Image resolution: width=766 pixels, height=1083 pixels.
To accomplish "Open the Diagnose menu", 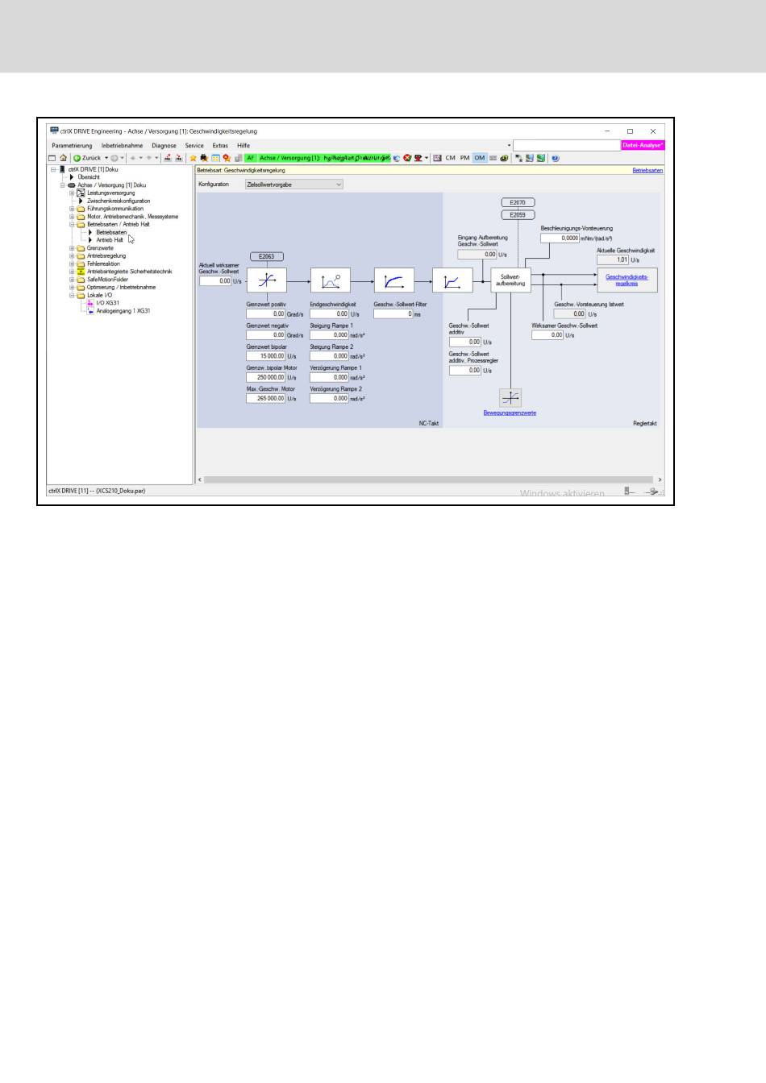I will coord(164,146).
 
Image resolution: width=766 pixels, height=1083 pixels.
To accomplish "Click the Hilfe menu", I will coord(244,146).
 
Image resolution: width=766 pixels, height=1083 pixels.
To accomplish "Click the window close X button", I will coord(653,131).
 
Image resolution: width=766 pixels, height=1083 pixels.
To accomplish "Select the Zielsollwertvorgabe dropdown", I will coord(294,185).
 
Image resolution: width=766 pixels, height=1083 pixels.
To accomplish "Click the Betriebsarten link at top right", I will coord(647,171).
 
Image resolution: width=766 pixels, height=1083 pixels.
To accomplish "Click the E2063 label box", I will coord(266,256).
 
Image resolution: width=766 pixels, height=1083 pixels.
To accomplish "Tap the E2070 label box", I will coord(518,203).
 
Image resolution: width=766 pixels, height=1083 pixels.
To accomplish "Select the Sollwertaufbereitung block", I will coord(510,280).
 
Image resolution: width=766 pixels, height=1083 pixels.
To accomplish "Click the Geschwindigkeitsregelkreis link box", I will coord(627,280).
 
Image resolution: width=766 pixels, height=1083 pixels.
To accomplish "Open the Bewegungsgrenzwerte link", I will coord(510,413).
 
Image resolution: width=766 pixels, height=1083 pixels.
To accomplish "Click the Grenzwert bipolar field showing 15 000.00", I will coord(266,356).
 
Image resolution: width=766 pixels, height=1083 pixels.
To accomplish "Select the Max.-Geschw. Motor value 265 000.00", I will coord(266,398).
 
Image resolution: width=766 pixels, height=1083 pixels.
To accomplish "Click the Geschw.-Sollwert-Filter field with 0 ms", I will coord(393,314).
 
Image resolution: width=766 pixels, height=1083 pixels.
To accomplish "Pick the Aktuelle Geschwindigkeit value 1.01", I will coord(613,260).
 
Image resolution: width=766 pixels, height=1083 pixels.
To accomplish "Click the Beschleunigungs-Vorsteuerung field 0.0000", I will coord(560,239).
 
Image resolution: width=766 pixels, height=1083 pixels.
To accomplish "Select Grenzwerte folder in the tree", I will coord(100,248).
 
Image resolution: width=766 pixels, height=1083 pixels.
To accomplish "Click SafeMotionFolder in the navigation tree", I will coord(107,280).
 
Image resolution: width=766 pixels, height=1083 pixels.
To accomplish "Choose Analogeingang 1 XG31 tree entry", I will coord(123,311).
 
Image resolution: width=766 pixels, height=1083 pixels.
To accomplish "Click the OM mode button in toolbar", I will coord(479,158).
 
